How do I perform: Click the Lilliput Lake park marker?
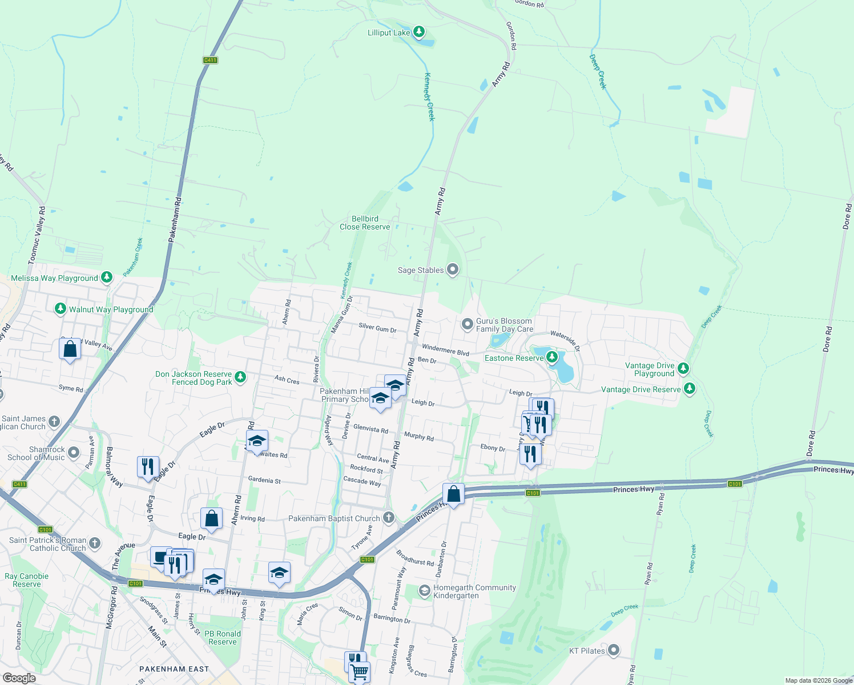point(419,31)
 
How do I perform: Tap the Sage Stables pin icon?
point(453,269)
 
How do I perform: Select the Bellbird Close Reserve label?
point(365,223)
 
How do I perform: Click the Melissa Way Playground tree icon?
point(106,277)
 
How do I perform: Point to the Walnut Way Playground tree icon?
point(61,309)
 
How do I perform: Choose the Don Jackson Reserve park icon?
point(240,377)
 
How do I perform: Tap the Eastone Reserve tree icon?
point(551,358)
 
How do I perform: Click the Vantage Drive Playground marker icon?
point(683,368)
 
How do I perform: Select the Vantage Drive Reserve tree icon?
point(690,389)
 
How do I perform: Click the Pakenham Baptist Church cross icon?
point(389,518)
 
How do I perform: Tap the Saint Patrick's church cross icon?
point(95,543)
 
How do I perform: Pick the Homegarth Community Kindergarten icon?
point(424,591)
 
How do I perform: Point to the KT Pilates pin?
point(614,650)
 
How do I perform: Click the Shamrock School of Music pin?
point(74,453)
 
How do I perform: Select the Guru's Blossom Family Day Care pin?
point(468,324)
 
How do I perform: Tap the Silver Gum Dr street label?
point(377,328)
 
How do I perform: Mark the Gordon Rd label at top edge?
point(529,3)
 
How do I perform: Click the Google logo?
point(19,678)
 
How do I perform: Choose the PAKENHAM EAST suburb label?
point(174,669)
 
